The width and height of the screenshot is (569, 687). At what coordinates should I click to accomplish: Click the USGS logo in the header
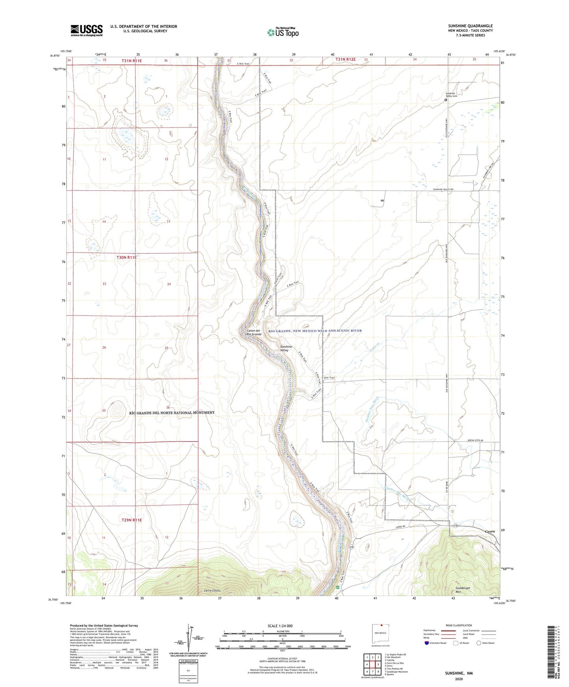[x=86, y=30]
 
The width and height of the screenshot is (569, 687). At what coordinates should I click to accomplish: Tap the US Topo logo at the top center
[x=283, y=32]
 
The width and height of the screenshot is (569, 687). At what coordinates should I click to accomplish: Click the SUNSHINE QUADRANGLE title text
[x=470, y=26]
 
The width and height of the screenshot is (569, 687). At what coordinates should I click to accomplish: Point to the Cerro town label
[x=490, y=531]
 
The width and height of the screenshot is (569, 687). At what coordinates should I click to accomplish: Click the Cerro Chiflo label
[x=212, y=591]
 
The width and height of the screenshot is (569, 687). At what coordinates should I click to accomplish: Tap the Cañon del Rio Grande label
[x=254, y=332]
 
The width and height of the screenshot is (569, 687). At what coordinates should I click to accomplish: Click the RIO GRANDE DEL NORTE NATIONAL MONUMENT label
[x=172, y=413]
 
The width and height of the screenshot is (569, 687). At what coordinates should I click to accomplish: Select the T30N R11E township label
[x=126, y=257]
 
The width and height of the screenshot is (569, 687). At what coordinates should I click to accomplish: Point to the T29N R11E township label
[x=131, y=520]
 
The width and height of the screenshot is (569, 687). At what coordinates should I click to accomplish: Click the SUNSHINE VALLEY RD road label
[x=443, y=190]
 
